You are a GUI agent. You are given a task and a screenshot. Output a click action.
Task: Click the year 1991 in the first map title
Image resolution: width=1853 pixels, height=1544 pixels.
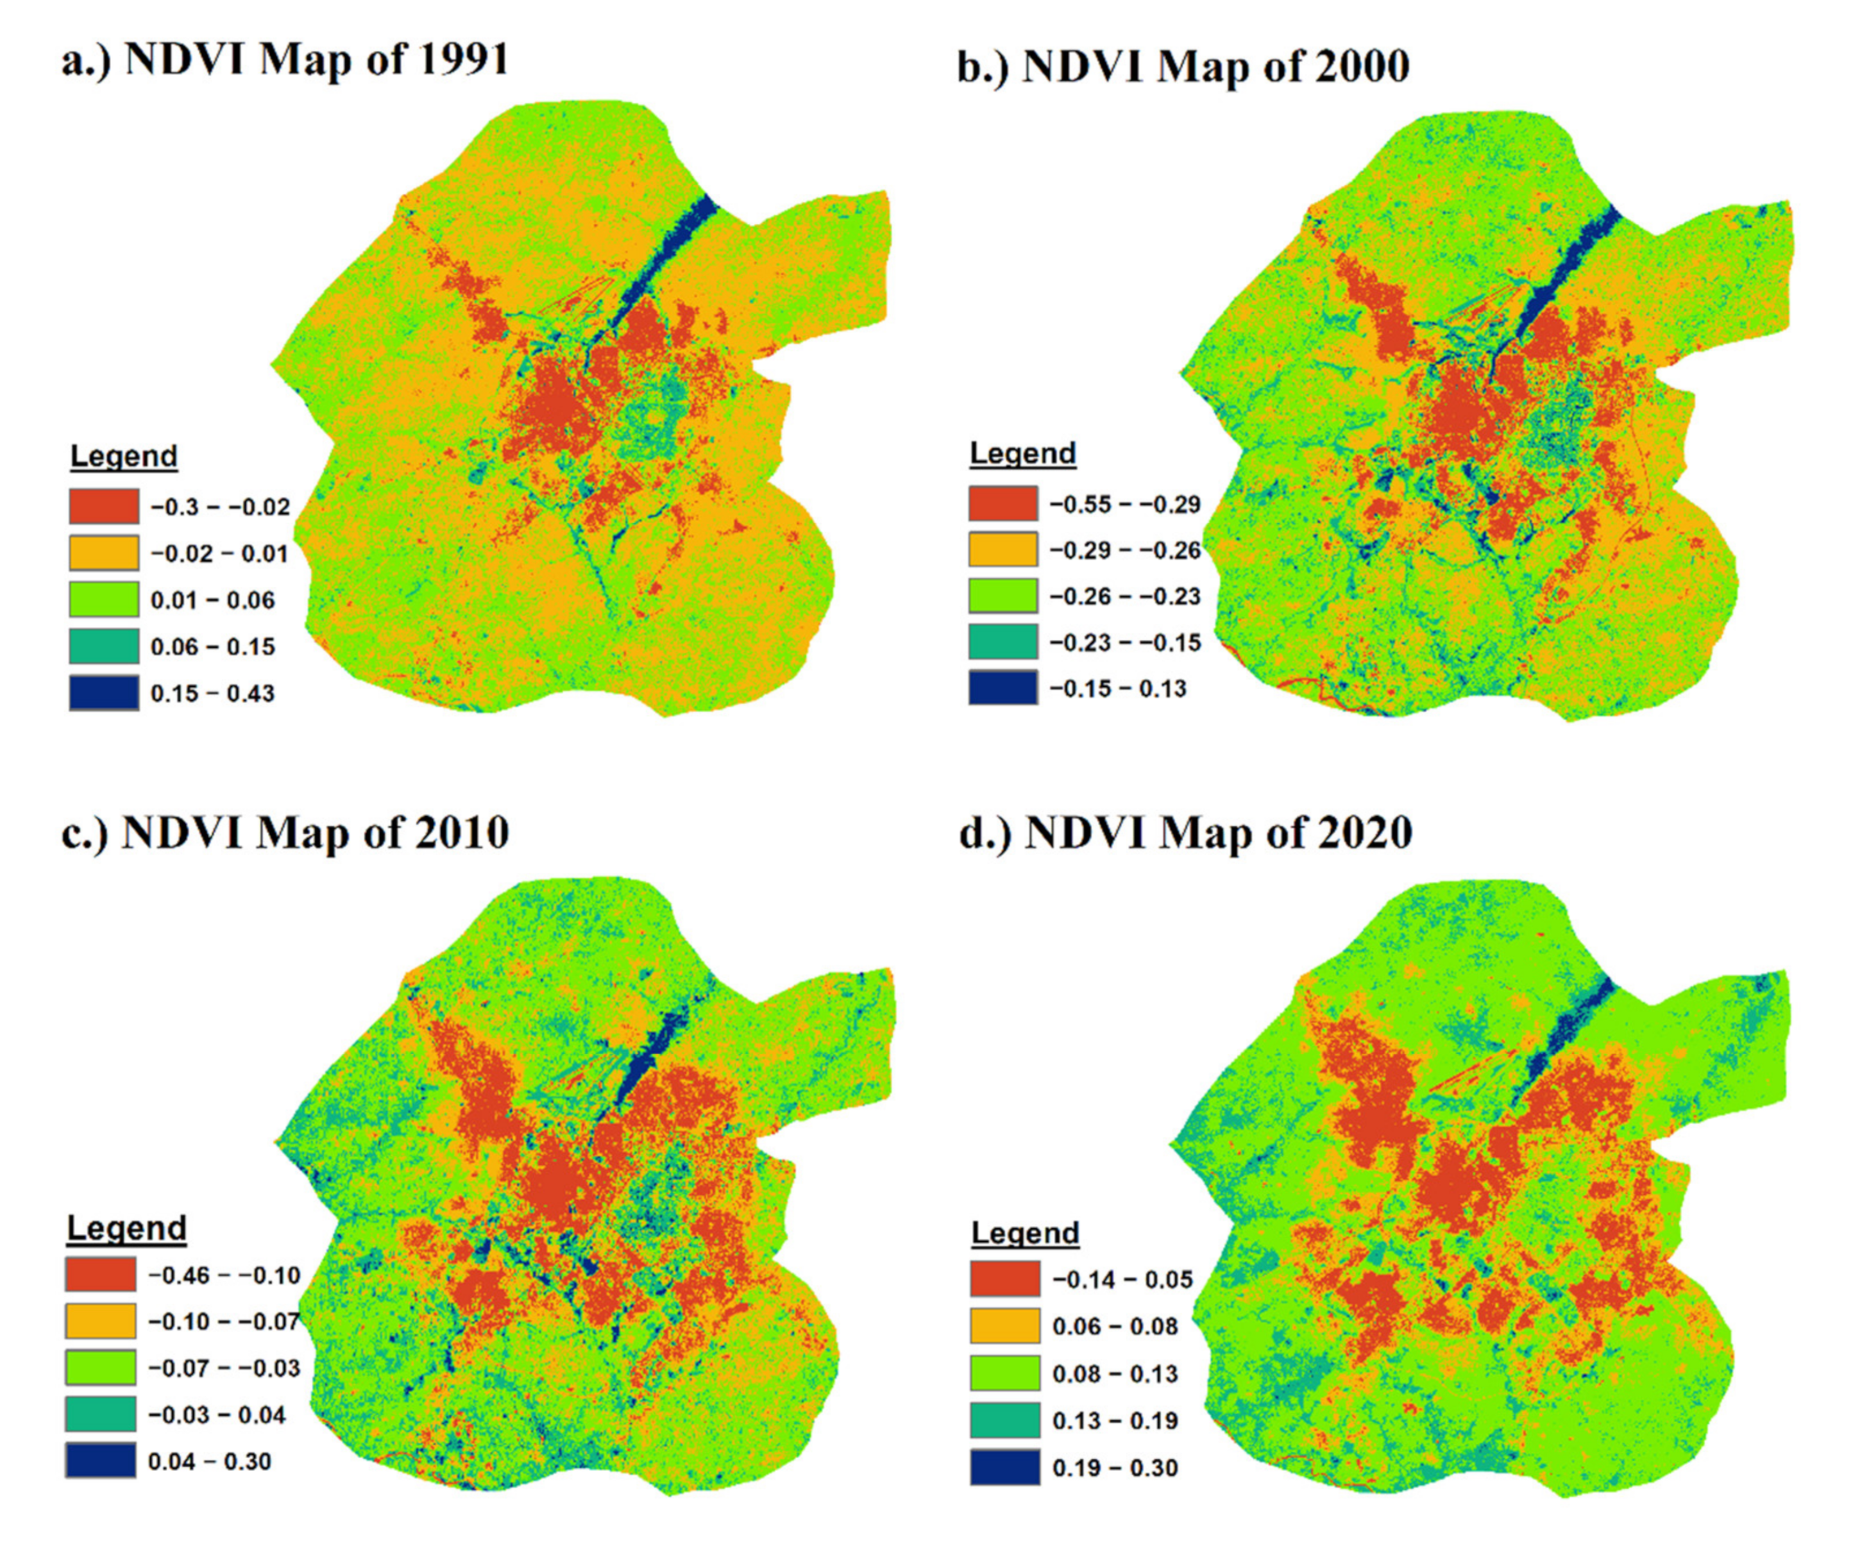point(463,60)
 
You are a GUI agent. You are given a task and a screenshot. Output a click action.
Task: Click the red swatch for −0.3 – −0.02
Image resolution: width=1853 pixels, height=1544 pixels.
point(104,507)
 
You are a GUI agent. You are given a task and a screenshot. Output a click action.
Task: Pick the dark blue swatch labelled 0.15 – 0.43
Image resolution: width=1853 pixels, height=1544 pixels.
point(104,692)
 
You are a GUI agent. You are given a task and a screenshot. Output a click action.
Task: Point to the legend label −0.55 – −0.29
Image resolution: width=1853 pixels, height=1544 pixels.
point(1125,505)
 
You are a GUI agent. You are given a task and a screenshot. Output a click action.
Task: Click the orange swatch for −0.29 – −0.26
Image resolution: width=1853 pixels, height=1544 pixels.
point(1003,550)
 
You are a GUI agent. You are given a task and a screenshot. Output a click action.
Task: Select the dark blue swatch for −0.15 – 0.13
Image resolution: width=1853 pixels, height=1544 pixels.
point(1003,688)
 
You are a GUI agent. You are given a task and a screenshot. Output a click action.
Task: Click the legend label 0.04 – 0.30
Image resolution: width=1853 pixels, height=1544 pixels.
point(209,1461)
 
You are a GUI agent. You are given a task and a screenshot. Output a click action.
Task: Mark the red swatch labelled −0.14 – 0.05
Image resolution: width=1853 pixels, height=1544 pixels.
point(1005,1279)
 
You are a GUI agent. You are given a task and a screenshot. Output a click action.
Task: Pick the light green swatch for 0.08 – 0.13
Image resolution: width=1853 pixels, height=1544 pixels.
point(1005,1373)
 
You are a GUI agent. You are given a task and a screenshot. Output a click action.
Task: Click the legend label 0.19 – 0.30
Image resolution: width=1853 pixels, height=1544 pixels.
point(1115,1468)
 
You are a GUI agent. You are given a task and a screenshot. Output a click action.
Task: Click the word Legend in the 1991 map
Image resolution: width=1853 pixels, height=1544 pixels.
point(124,456)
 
